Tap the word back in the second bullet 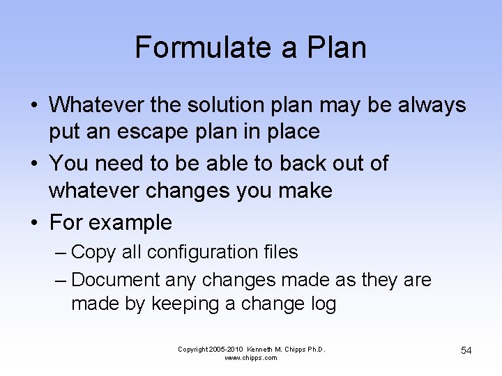[307, 163]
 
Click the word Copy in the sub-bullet [94, 251]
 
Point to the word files [279, 251]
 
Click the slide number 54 [466, 350]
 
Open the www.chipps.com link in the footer [251, 358]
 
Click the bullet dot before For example [34, 223]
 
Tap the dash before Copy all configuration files [60, 251]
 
